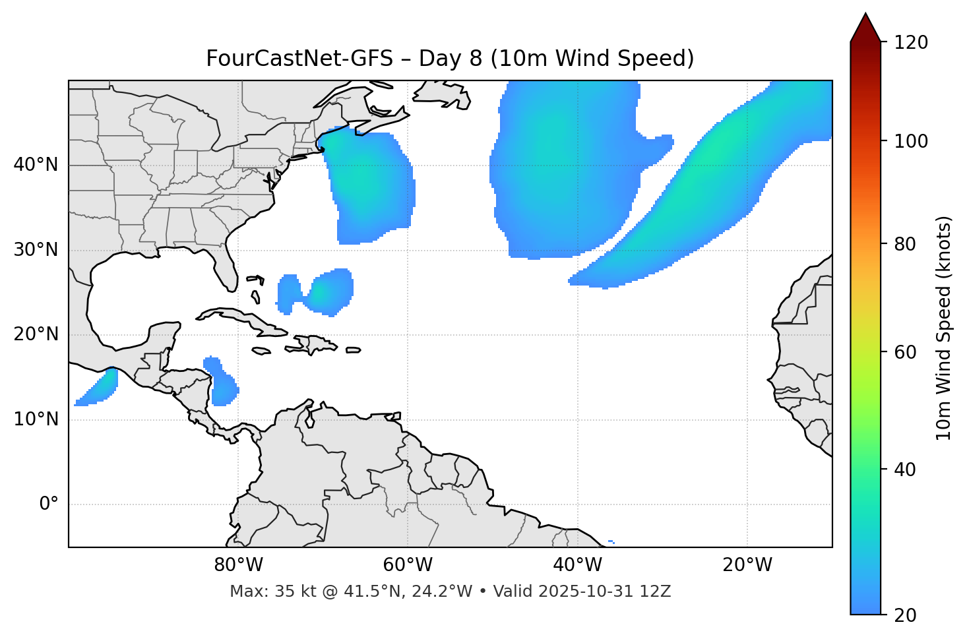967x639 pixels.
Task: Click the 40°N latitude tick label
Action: coord(36,165)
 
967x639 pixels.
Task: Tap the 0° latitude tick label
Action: coord(49,504)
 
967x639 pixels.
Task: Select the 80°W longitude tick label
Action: coord(238,564)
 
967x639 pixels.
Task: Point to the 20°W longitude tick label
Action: coord(747,564)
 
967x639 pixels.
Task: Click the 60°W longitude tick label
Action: coord(408,564)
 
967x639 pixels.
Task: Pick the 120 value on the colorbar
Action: coord(912,43)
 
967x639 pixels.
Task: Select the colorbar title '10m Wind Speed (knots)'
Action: coord(944,328)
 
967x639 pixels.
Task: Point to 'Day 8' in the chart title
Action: coord(451,59)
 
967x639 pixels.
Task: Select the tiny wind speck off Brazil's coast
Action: coord(611,542)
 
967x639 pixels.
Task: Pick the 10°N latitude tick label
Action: coord(36,419)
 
